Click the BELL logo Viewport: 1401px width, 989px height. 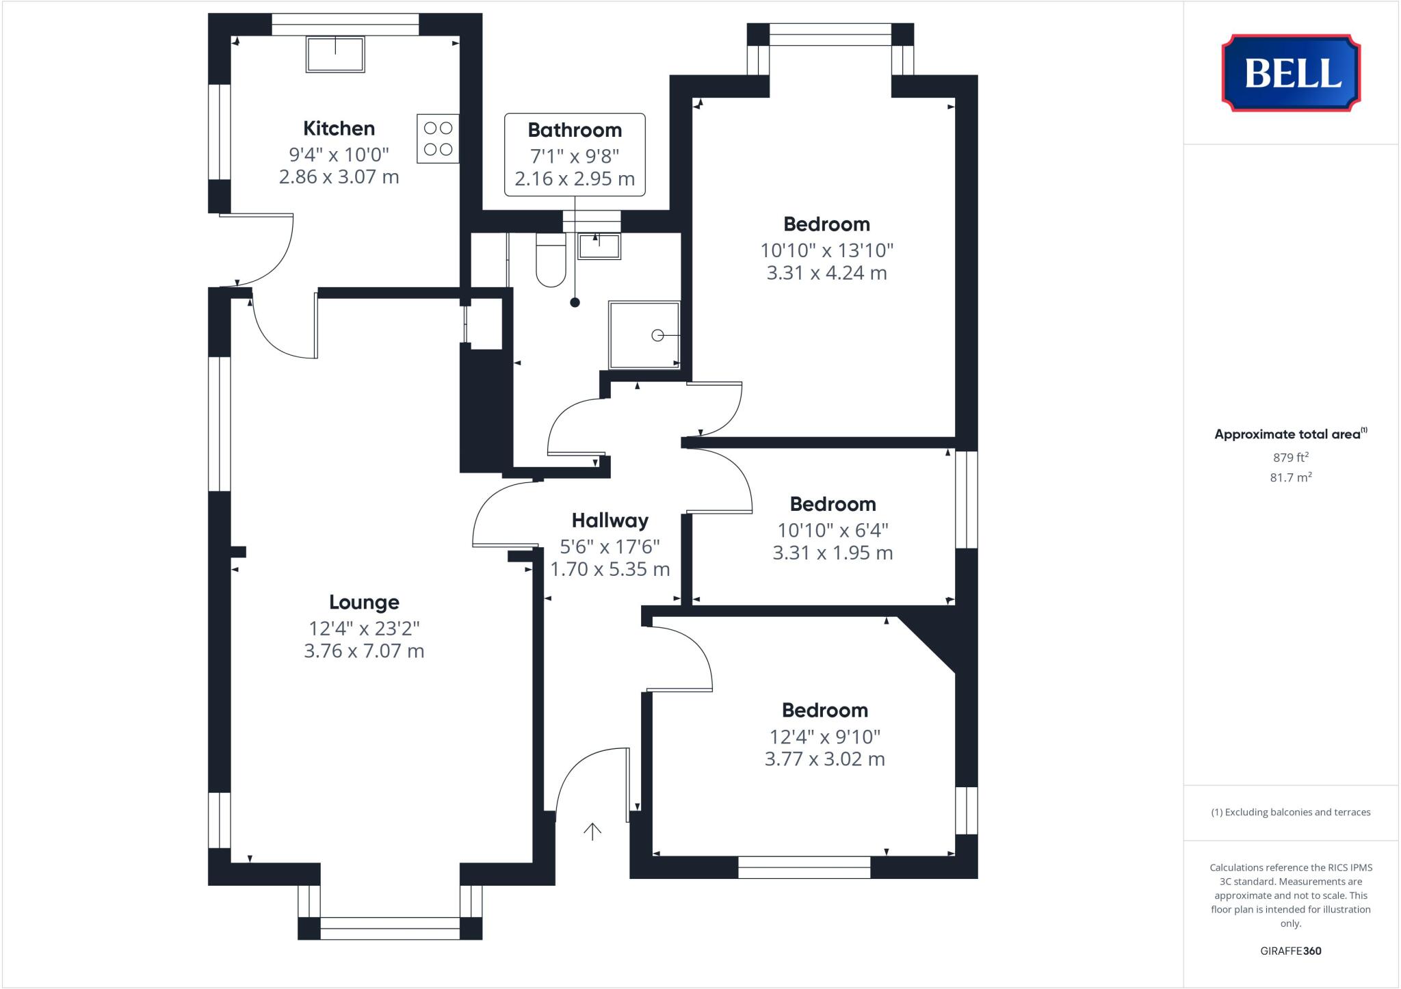click(x=1291, y=72)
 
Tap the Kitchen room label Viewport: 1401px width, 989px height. click(x=339, y=129)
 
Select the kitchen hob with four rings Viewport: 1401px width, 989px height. click(x=438, y=138)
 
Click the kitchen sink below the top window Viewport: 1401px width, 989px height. click(x=335, y=55)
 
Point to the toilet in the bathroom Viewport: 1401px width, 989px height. click(x=551, y=261)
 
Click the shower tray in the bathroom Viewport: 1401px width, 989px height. click(x=644, y=334)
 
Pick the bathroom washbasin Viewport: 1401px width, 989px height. click(x=599, y=246)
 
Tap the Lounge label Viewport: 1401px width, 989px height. click(x=364, y=603)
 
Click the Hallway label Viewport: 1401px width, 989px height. click(x=610, y=521)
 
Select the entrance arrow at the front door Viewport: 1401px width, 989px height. click(x=592, y=831)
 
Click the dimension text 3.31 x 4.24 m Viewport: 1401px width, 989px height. click(x=826, y=273)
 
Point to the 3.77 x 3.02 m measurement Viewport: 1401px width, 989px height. click(x=824, y=759)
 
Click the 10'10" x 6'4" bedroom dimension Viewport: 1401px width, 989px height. click(x=833, y=530)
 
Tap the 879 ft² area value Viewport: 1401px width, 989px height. click(x=1290, y=458)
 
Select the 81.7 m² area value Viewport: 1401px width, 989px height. click(x=1290, y=477)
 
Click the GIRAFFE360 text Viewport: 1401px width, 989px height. click(x=1290, y=951)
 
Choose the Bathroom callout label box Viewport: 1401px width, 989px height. click(x=575, y=155)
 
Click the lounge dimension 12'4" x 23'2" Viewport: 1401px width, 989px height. click(x=364, y=628)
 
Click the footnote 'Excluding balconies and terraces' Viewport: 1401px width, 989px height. click(x=1290, y=813)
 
